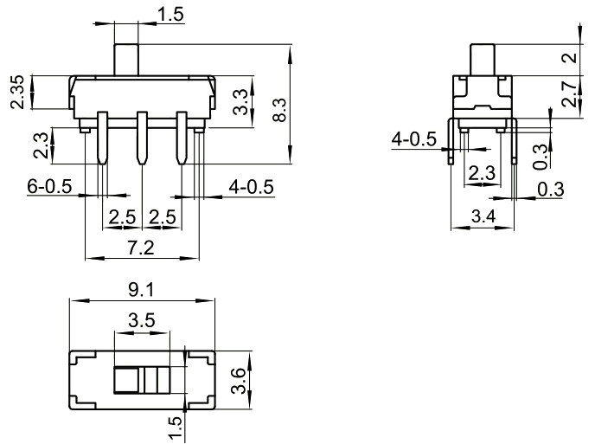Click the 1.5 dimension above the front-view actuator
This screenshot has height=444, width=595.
click(x=170, y=13)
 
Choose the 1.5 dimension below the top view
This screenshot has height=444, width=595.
click(x=175, y=427)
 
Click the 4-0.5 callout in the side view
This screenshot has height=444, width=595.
click(x=414, y=139)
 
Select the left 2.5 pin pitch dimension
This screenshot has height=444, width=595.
click(x=121, y=216)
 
